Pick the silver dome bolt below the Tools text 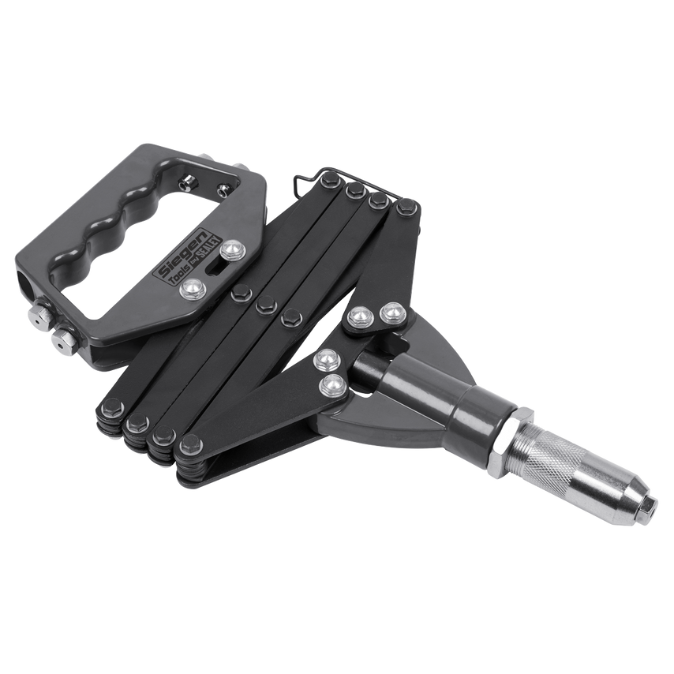point(189,291)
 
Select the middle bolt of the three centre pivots point(264,304)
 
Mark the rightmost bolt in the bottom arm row point(189,447)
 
